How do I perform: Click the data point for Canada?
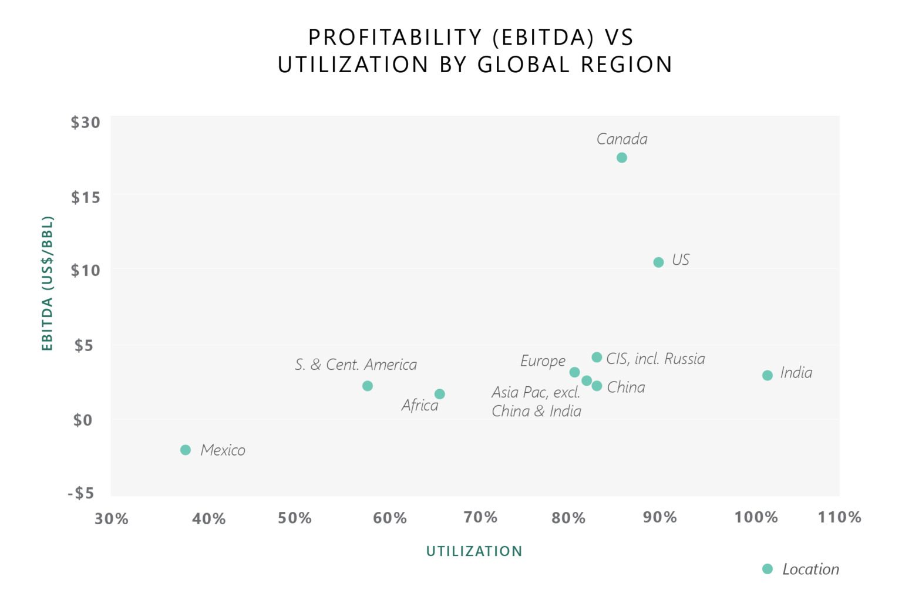(x=622, y=157)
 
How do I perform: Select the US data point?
(x=658, y=262)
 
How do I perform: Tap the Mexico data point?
(x=186, y=450)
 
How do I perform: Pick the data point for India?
(x=767, y=375)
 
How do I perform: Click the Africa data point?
(x=440, y=394)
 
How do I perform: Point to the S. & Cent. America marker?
(x=368, y=386)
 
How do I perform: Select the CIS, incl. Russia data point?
(x=597, y=358)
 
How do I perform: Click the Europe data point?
(x=574, y=372)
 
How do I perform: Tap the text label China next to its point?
(x=626, y=387)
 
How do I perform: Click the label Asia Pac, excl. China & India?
(x=536, y=402)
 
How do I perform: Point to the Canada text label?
(x=622, y=139)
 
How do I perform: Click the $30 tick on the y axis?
(x=86, y=123)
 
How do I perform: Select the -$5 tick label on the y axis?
(x=81, y=493)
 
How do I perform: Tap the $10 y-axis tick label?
(x=86, y=271)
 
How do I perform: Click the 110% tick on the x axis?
(x=839, y=517)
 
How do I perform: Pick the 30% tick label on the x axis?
(x=112, y=518)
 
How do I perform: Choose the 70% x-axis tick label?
(x=480, y=517)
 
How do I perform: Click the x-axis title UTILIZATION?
(x=474, y=551)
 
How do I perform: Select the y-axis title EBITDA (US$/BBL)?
(x=48, y=284)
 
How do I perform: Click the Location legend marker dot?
(x=767, y=569)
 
